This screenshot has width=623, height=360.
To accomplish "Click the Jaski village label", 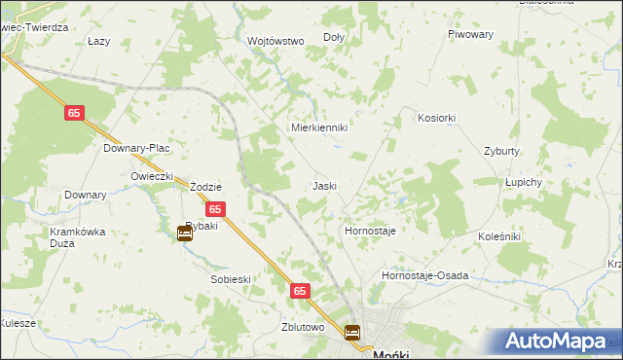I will (x=324, y=185).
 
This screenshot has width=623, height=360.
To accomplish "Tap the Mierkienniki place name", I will (x=320, y=127).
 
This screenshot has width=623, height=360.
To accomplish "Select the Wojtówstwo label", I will (x=276, y=41).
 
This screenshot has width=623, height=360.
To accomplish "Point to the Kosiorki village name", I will (x=436, y=117).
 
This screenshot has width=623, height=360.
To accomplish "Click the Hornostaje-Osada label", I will (x=424, y=275).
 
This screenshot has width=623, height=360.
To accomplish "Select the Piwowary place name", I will (x=471, y=34).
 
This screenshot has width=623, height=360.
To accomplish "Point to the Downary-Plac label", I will (x=137, y=148).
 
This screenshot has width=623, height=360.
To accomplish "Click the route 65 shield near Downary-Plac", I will (x=75, y=114).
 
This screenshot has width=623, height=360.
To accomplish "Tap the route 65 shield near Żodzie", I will (x=216, y=209).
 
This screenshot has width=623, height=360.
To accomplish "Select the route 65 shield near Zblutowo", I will (x=300, y=290).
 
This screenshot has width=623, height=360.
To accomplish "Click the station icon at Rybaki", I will (x=185, y=233).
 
